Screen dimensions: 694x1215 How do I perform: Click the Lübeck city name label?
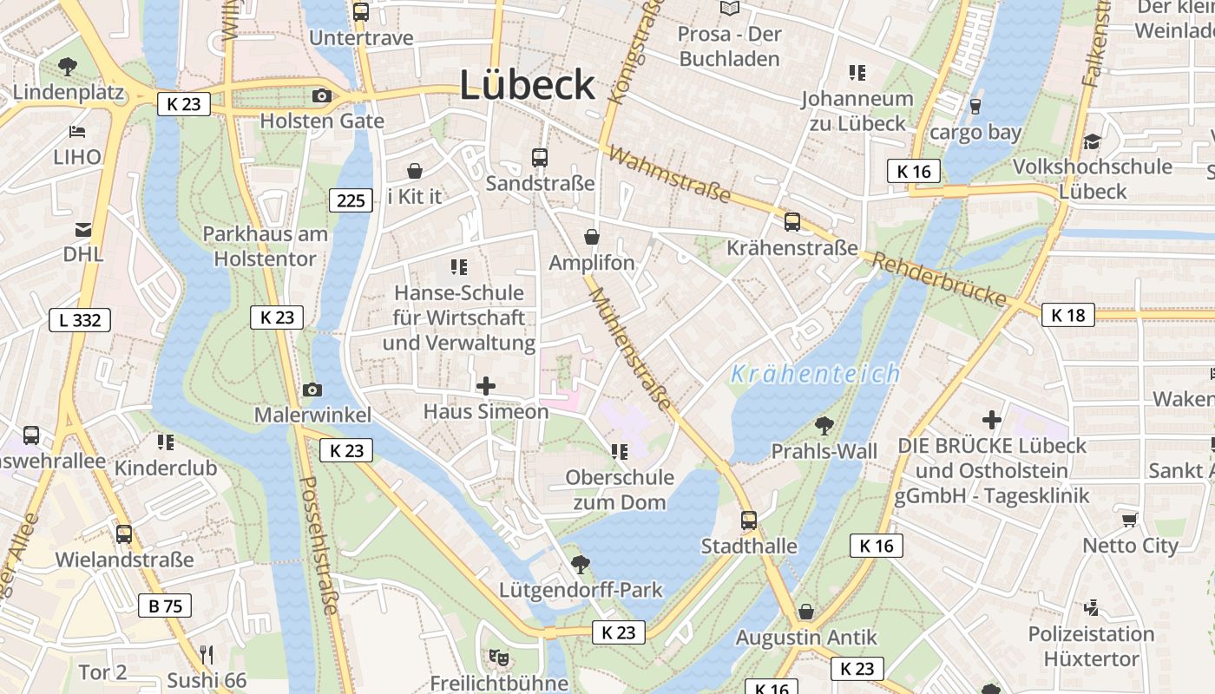[527, 85]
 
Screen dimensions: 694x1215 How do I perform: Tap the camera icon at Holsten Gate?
[321, 95]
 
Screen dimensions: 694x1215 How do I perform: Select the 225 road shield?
[351, 201]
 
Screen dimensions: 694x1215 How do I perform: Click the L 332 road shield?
[80, 320]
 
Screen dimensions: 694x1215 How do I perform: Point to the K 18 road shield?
[1067, 315]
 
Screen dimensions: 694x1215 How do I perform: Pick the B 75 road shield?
[165, 606]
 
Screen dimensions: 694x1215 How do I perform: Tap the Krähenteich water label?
[815, 374]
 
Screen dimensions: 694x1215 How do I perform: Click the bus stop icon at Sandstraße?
[540, 158]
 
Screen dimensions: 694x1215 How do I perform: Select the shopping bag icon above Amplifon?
[592, 237]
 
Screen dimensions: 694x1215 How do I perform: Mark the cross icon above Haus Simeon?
[486, 385]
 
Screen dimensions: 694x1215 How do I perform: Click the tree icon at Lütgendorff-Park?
[580, 565]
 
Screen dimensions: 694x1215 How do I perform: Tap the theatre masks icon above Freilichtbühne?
[498, 658]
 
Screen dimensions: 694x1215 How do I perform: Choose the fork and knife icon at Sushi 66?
[207, 654]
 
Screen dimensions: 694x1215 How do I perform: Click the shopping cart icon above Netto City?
[1129, 520]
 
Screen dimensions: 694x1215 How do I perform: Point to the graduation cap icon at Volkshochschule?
[1092, 141]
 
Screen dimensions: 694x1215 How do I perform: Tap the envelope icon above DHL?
[82, 230]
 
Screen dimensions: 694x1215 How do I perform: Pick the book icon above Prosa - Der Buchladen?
[730, 9]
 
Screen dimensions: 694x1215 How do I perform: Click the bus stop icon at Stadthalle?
[749, 520]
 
